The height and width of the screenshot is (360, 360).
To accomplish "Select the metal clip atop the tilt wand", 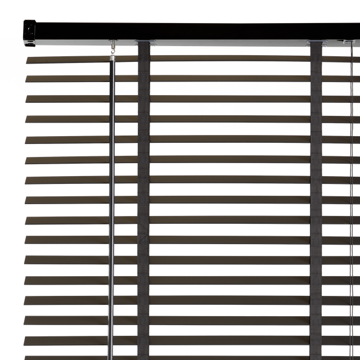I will [x=114, y=47].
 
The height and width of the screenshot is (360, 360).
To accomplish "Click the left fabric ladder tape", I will [x=143, y=197].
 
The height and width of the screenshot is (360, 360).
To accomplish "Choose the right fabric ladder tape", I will [x=316, y=197].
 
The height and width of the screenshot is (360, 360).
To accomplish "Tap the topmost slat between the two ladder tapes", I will [x=231, y=58].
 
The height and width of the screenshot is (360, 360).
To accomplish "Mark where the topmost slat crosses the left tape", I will [x=143, y=58].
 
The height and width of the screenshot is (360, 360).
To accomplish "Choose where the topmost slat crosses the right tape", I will [x=316, y=58].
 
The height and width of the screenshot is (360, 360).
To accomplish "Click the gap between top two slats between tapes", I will [x=231, y=68].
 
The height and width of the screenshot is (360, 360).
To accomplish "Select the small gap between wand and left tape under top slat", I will [x=126, y=69].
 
